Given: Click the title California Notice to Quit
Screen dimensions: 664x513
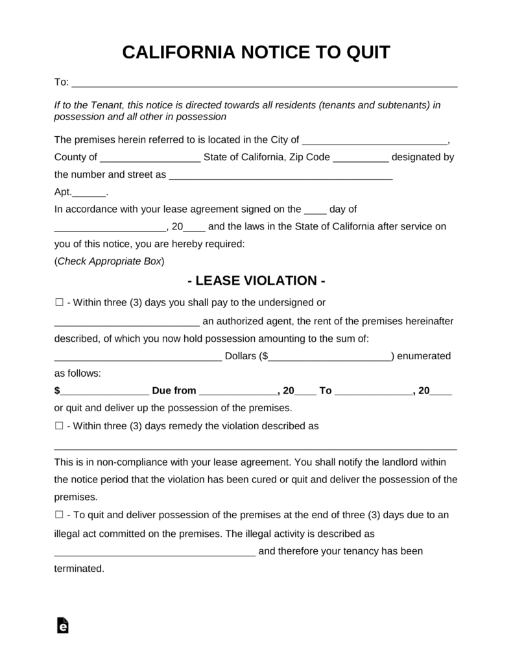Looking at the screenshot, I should (x=256, y=53).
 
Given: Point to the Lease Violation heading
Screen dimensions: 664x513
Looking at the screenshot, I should (x=256, y=281).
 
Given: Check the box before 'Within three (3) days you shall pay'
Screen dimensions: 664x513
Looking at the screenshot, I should (x=59, y=303).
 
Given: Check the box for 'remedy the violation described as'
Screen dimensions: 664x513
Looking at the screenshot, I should (x=59, y=427).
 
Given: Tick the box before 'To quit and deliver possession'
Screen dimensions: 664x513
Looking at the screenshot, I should (x=59, y=515).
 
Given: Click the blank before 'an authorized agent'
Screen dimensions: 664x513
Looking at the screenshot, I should (x=126, y=322).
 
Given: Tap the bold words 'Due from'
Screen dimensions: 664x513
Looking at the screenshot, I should (x=174, y=390).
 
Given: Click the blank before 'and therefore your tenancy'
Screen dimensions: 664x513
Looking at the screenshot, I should (x=154, y=552).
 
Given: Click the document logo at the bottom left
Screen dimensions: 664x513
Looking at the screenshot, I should (x=62, y=624).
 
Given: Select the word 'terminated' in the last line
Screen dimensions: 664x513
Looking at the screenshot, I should (x=78, y=569).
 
